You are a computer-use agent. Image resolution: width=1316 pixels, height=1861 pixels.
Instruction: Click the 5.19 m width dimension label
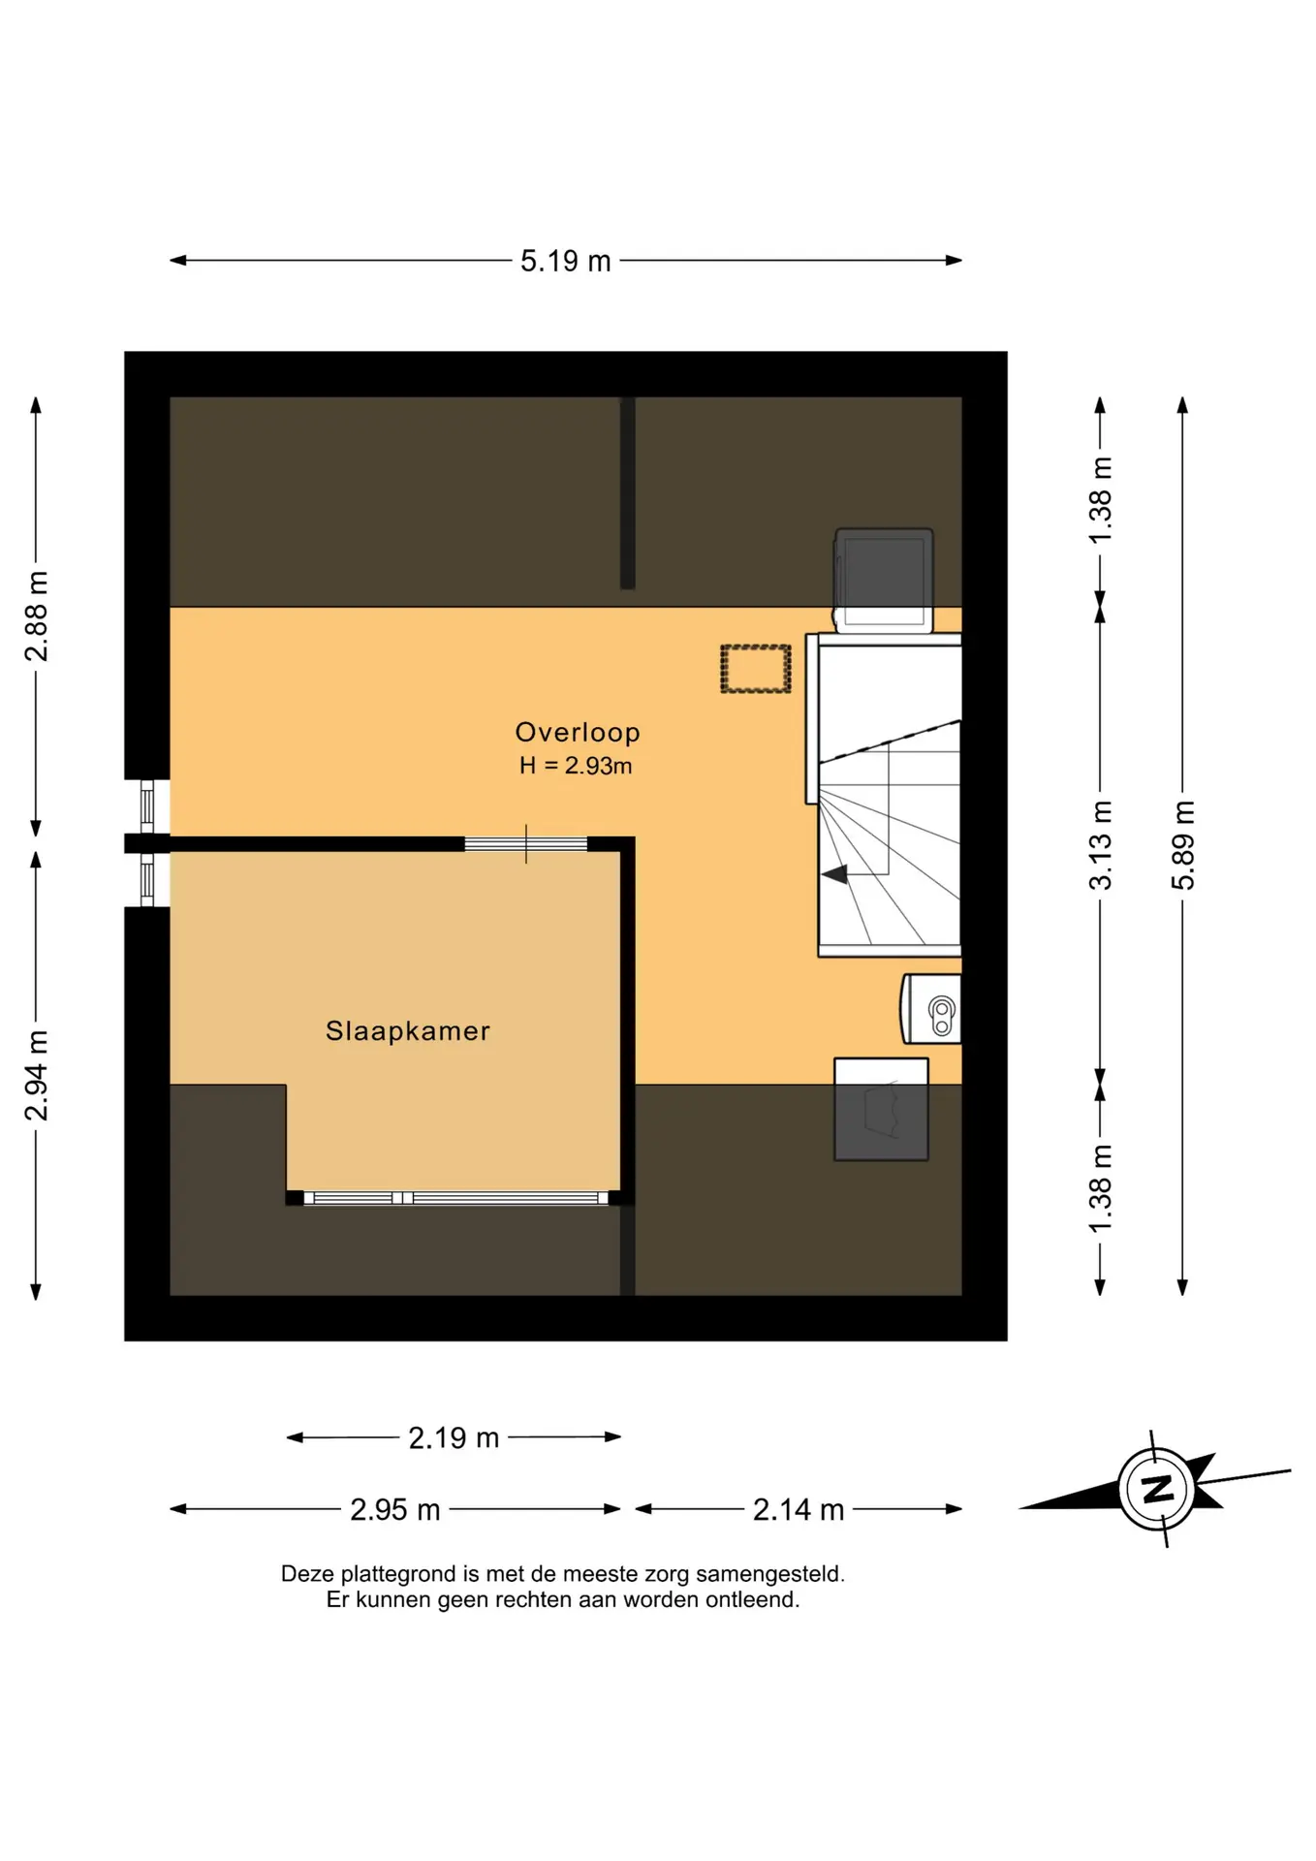pyautogui.click(x=565, y=261)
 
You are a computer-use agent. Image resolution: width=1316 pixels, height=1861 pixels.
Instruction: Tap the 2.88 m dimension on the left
pyautogui.click(x=36, y=616)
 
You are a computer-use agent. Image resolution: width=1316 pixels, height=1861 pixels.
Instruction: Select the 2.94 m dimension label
pyautogui.click(x=36, y=1076)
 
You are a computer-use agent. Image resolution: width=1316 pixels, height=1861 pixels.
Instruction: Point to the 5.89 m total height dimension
pyautogui.click(x=1182, y=845)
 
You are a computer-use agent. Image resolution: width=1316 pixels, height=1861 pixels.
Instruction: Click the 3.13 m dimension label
pyautogui.click(x=1100, y=845)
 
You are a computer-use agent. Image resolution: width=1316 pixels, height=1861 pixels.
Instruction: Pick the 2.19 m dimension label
pyautogui.click(x=454, y=1437)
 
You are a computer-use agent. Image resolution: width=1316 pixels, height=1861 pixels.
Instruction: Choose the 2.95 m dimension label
pyautogui.click(x=395, y=1509)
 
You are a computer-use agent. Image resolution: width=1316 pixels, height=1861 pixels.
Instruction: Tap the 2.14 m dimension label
pyautogui.click(x=799, y=1509)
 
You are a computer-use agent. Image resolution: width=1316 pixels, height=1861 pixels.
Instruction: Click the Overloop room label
pyautogui.click(x=578, y=732)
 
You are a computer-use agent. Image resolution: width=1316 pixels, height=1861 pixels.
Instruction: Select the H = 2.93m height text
pyautogui.click(x=576, y=766)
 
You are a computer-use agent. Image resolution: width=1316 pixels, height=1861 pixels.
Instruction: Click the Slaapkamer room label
pyautogui.click(x=408, y=1030)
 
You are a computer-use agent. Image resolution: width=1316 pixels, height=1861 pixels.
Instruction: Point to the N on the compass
pyautogui.click(x=1157, y=1488)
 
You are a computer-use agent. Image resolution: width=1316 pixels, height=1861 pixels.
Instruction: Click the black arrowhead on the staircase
pyautogui.click(x=835, y=874)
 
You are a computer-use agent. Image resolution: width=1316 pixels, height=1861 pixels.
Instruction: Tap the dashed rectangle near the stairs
pyautogui.click(x=756, y=669)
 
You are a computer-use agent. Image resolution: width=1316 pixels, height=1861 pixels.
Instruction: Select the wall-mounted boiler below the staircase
pyautogui.click(x=931, y=1009)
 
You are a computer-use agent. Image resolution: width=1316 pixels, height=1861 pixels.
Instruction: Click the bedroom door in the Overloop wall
pyautogui.click(x=526, y=844)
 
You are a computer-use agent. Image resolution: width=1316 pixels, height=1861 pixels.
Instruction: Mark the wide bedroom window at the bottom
pyautogui.click(x=455, y=1198)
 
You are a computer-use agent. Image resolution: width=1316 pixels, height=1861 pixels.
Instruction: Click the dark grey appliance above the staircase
pyautogui.click(x=884, y=580)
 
